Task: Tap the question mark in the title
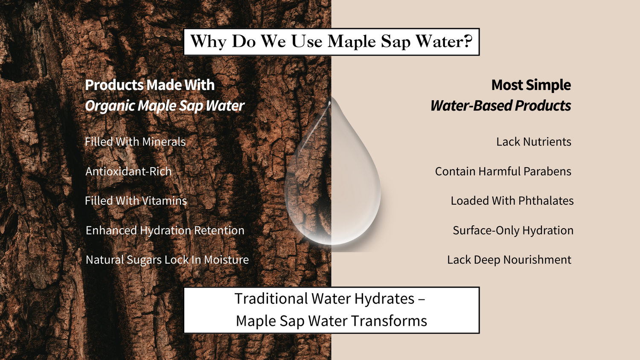pyautogui.click(x=467, y=41)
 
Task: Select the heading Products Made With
pyautogui.click(x=150, y=85)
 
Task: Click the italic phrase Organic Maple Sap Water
pyautogui.click(x=165, y=106)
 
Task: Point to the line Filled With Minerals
pyautogui.click(x=135, y=142)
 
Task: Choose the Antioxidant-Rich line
pyautogui.click(x=128, y=171)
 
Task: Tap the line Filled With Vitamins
pyautogui.click(x=136, y=200)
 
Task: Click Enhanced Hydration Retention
pyautogui.click(x=165, y=230)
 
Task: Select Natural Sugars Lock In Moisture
pyautogui.click(x=167, y=260)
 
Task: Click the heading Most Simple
pyautogui.click(x=531, y=85)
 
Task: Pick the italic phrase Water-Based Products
pyautogui.click(x=501, y=105)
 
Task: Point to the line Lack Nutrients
pyautogui.click(x=534, y=142)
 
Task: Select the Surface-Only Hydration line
pyautogui.click(x=513, y=231)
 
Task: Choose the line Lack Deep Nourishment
pyautogui.click(x=509, y=260)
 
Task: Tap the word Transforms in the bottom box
pyautogui.click(x=389, y=321)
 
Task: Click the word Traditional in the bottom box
pyautogui.click(x=271, y=299)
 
